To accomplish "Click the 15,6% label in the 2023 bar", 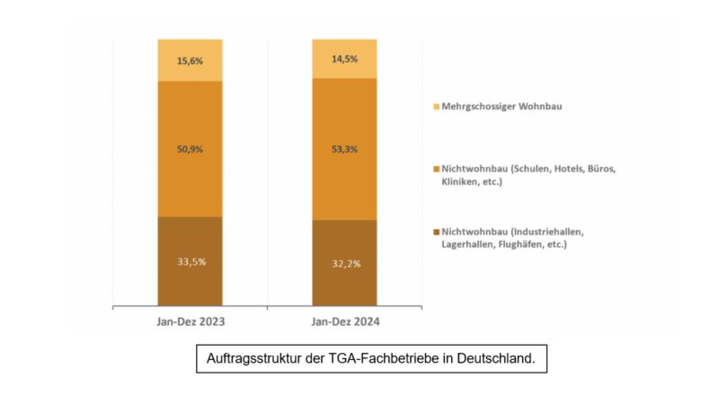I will [x=190, y=60].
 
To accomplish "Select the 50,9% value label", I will [x=190, y=148].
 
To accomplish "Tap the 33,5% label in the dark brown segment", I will [x=190, y=262].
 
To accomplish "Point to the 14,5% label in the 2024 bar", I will [x=344, y=60].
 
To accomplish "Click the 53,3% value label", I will [x=344, y=148].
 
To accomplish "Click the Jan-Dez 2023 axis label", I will [x=190, y=321].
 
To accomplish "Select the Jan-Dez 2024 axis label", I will [x=344, y=321].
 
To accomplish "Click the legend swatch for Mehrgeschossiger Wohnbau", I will [x=437, y=106].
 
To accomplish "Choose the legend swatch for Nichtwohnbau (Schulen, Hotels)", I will [x=437, y=169].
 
